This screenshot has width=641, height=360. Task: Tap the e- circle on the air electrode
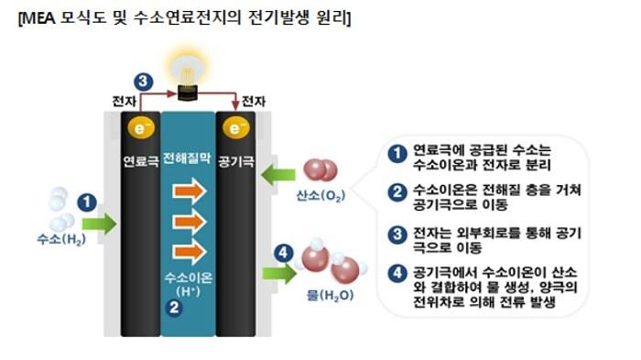click(234, 129)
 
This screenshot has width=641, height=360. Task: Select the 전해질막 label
click(188, 155)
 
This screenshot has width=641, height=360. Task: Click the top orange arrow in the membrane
click(190, 191)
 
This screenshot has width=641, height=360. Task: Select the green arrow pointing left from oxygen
click(273, 171)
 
